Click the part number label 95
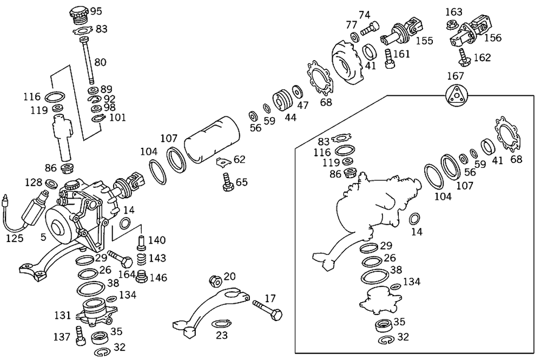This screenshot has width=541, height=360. [x=96, y=11]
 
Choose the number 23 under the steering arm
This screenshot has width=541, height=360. [x=222, y=335]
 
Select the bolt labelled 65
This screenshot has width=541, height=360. [x=227, y=181]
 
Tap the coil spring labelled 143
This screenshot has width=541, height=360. [x=141, y=259]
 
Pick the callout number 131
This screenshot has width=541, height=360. [x=63, y=314]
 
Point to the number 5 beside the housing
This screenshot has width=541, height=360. [x=43, y=237]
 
